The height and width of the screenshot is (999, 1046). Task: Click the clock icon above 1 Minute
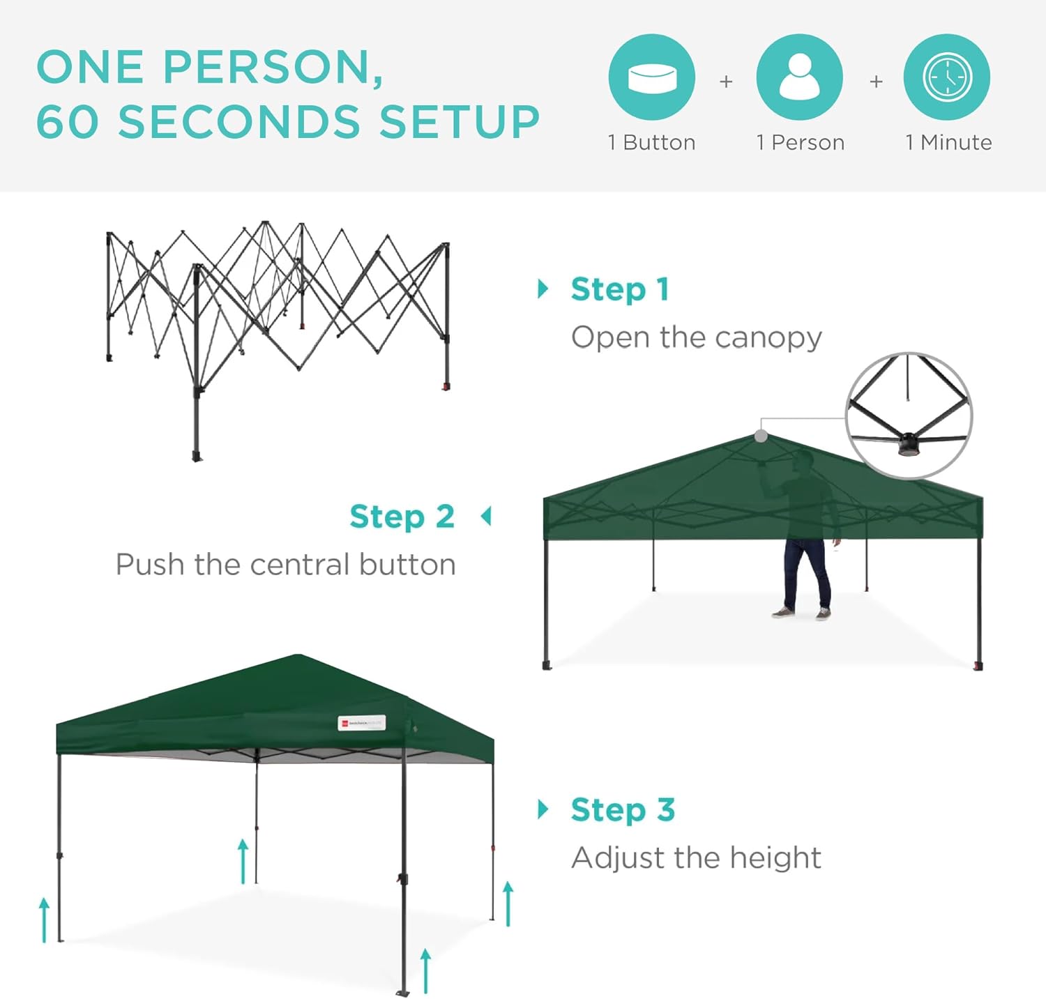point(946,77)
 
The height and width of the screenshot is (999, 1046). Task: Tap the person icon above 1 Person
point(799,77)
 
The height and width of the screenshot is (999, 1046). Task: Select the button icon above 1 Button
point(652,77)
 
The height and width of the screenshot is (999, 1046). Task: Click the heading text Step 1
point(620,289)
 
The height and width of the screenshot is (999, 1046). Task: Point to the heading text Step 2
point(402,517)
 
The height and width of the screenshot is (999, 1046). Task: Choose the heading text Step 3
point(623,810)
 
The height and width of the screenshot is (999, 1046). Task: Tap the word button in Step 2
point(407,565)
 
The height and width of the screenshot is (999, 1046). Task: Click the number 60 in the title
point(67,122)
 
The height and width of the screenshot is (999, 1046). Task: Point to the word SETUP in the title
point(460,122)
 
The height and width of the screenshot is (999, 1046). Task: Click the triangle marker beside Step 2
point(486,517)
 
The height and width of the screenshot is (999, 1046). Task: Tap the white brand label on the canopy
point(361,723)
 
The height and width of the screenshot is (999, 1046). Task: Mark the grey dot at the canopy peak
point(761,436)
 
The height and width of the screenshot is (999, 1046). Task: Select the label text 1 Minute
point(948,143)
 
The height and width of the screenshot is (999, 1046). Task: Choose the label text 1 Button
point(652,143)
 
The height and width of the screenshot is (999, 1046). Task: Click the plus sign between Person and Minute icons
point(877,82)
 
